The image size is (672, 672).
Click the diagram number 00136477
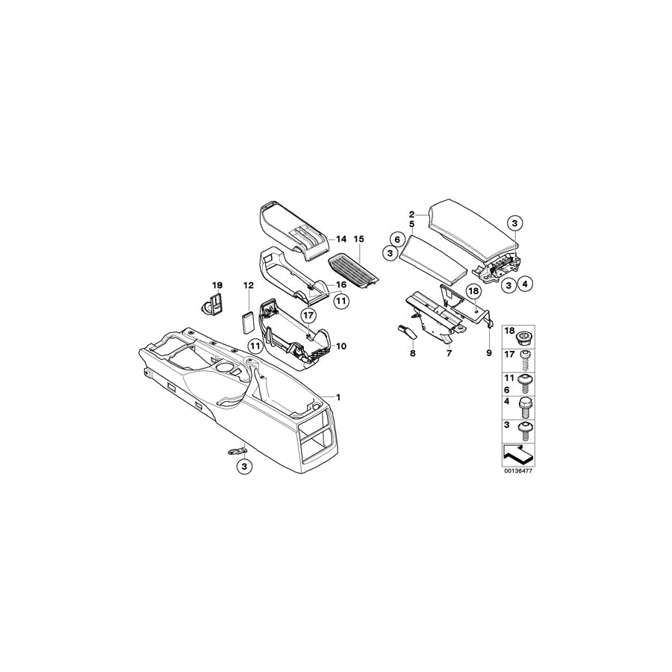519,470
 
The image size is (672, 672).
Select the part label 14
340,239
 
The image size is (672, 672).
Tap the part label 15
358,239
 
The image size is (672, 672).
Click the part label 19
217,285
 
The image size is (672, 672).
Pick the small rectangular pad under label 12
246,321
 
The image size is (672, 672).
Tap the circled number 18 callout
473,291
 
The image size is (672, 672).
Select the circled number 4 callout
525,284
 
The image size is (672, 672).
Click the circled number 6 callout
397,239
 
